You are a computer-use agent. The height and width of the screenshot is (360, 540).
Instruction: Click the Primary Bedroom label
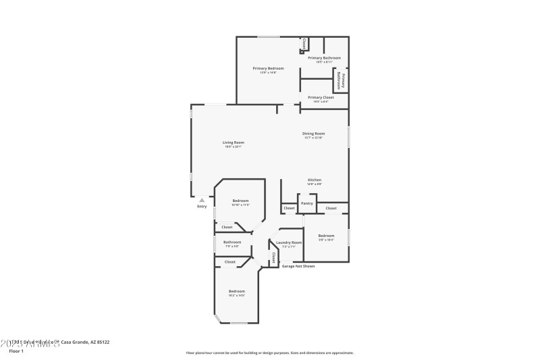(268, 68)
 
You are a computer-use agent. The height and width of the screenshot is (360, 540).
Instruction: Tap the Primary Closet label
(321, 97)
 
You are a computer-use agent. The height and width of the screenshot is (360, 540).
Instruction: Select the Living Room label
(234, 143)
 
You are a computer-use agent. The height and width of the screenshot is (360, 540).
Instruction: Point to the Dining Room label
(314, 134)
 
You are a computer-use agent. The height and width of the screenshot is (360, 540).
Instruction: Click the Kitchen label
(315, 180)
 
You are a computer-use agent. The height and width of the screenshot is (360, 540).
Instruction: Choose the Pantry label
(307, 203)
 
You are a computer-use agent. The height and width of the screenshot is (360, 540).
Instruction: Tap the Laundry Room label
(289, 242)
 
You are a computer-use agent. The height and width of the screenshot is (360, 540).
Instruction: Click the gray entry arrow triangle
(201, 200)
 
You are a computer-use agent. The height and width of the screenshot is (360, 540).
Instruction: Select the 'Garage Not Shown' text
(298, 266)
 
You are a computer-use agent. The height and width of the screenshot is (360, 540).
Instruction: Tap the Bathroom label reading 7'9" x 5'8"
(232, 242)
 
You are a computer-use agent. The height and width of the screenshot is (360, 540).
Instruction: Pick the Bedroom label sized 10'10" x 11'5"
(240, 201)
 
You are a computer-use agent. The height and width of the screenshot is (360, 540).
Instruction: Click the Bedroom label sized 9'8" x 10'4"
(326, 236)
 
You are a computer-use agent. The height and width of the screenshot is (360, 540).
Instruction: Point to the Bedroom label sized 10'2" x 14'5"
(236, 291)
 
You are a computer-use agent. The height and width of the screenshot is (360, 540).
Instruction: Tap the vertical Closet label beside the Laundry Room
(273, 257)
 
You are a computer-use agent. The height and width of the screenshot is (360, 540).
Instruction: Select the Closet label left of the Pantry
(289, 208)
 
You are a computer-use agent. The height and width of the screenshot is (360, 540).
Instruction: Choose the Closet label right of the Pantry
(331, 208)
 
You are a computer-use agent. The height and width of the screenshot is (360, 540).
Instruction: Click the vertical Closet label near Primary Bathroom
(304, 43)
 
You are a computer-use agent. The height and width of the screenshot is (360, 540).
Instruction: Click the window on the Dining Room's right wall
(348, 136)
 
